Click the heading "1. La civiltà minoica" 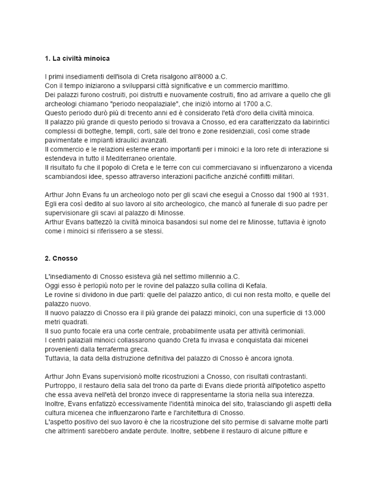coord(77,59)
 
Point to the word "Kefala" coord(253,285)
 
